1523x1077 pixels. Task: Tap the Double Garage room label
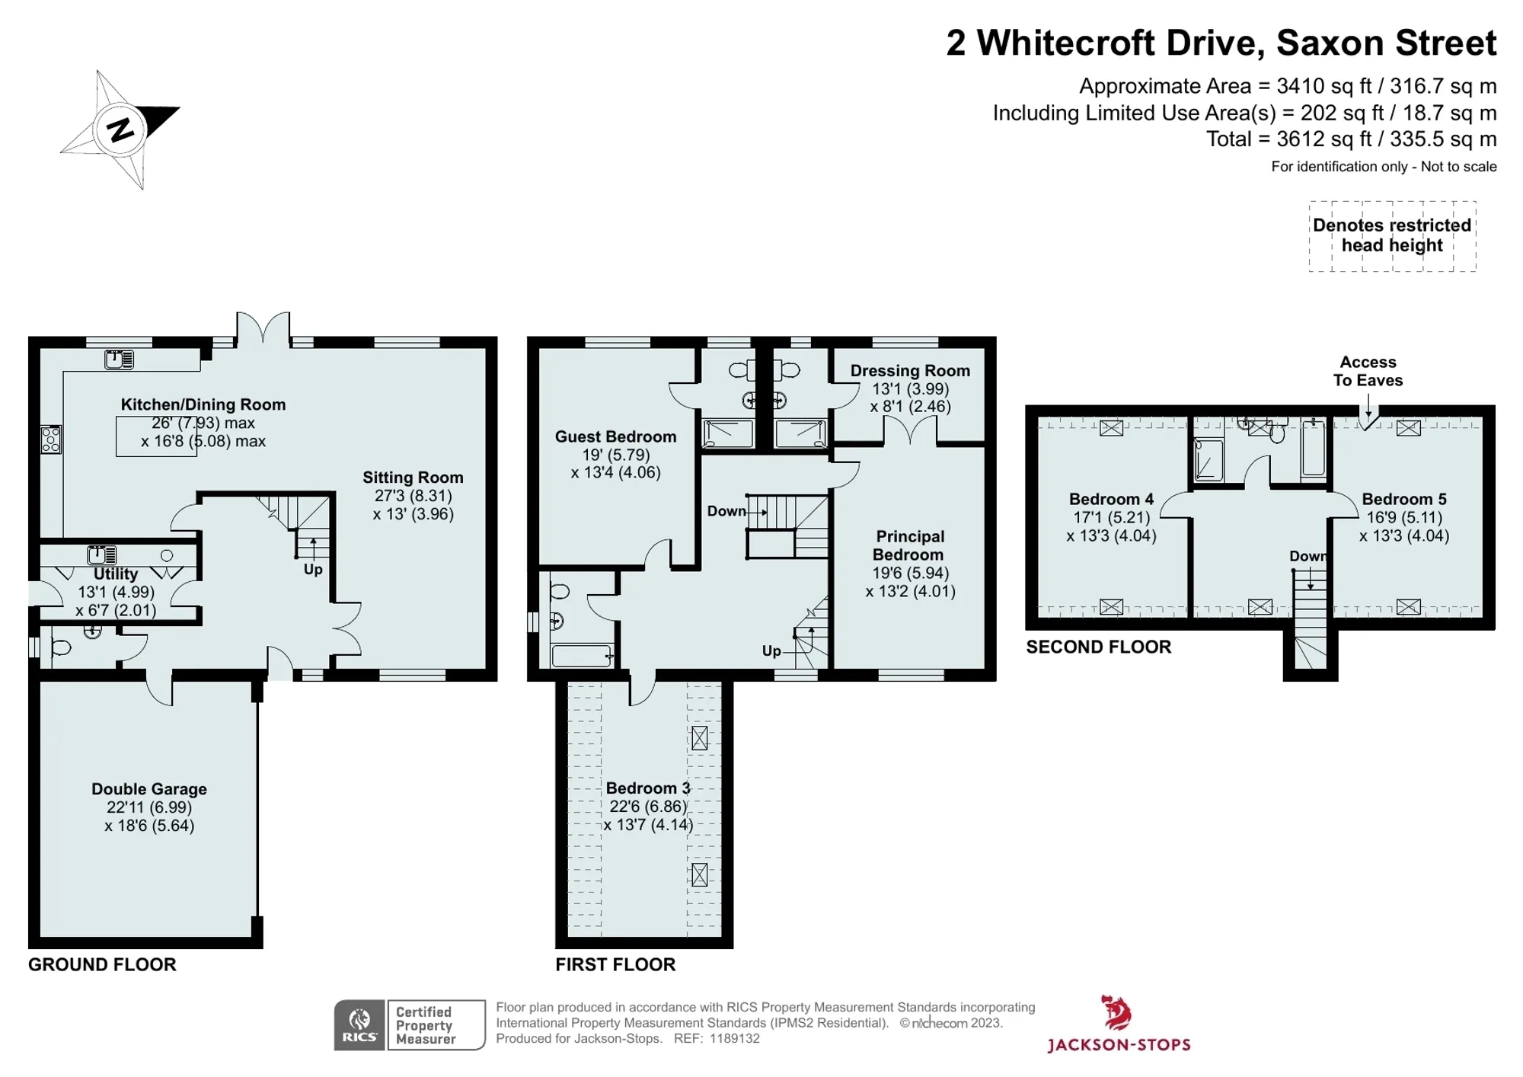tap(149, 789)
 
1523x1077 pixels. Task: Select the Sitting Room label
tap(413, 478)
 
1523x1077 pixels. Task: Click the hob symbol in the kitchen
tap(51, 439)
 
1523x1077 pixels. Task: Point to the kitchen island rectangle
tap(156, 436)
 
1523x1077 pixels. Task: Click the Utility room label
tap(116, 574)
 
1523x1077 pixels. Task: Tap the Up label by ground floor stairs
tap(313, 570)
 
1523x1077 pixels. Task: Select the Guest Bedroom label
tap(615, 436)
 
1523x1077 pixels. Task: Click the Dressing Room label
tap(910, 371)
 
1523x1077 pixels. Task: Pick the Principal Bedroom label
tap(909, 545)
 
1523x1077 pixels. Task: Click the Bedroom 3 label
tap(648, 788)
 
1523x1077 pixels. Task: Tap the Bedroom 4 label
tap(1111, 499)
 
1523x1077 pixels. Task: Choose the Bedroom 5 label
tap(1404, 499)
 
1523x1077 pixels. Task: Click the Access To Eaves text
tap(1368, 371)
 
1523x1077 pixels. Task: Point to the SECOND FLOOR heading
tap(1098, 647)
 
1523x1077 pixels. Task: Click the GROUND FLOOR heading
tap(102, 964)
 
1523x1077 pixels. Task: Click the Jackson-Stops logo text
tap(1119, 1045)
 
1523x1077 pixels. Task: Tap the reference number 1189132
tap(735, 1038)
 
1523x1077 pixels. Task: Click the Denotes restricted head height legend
tap(1392, 235)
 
